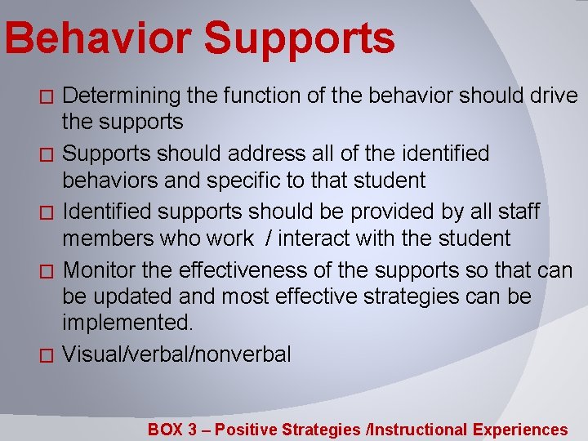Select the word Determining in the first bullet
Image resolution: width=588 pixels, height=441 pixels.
122,96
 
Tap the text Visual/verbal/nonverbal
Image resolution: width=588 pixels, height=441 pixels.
176,354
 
